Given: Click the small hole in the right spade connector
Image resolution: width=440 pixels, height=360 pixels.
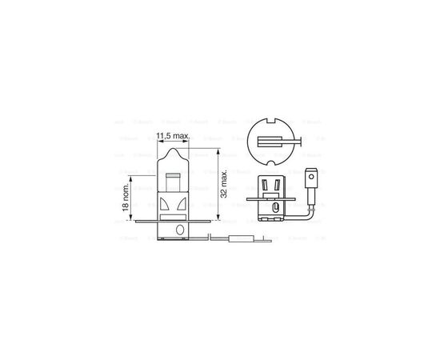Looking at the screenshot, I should (311, 173).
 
